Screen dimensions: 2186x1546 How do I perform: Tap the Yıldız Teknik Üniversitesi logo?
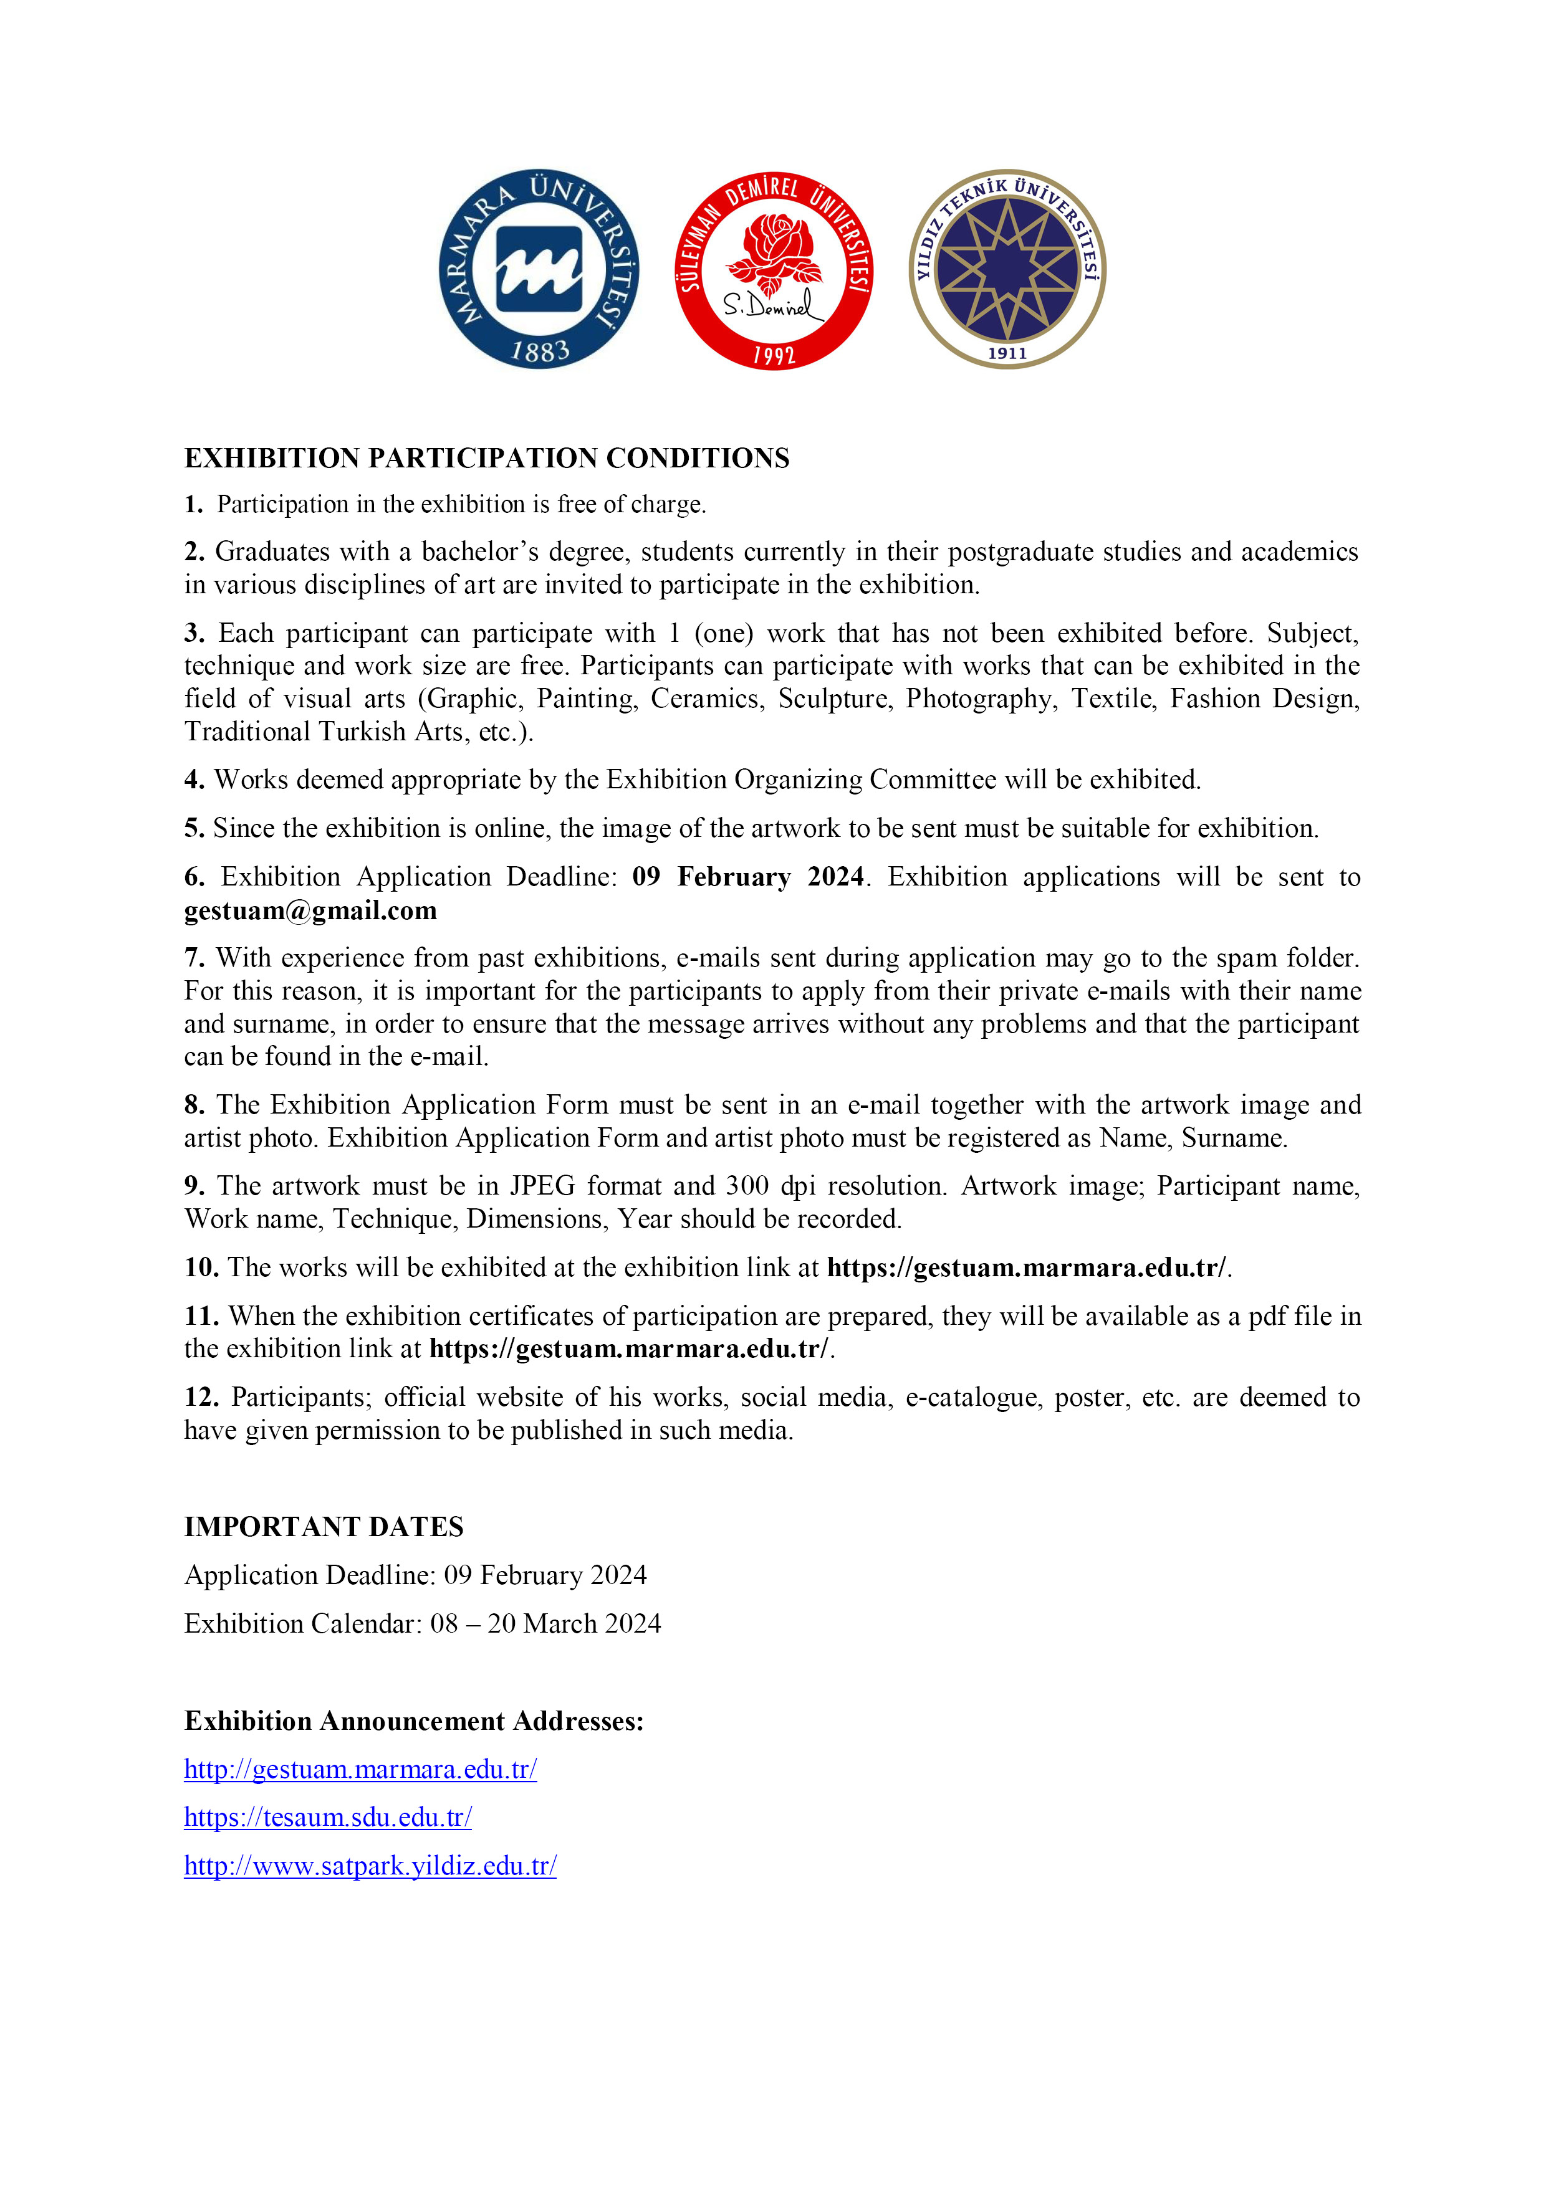pyautogui.click(x=1007, y=269)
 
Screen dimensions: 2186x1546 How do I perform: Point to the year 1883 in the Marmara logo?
pyautogui.click(x=539, y=352)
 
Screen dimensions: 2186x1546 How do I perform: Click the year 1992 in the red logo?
pyautogui.click(x=774, y=356)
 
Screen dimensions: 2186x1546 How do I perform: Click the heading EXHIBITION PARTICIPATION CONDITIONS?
pyautogui.click(x=486, y=458)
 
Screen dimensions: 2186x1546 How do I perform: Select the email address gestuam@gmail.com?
pyautogui.click(x=310, y=910)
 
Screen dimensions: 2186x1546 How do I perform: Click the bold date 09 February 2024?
pyautogui.click(x=748, y=876)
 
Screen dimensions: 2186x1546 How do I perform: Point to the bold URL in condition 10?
pyautogui.click(x=1027, y=1267)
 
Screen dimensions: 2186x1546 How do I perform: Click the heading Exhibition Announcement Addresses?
pyautogui.click(x=413, y=1721)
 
